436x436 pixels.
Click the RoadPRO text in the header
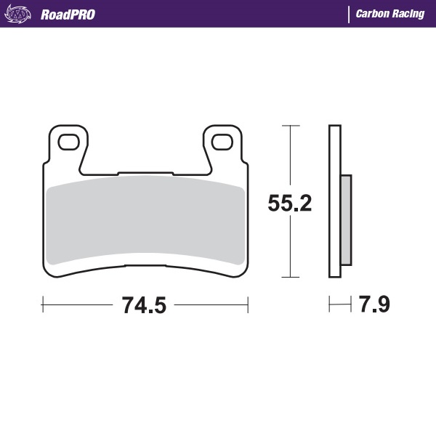pyautogui.click(x=68, y=14)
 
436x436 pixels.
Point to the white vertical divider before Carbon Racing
pyautogui.click(x=349, y=14)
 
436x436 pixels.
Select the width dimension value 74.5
pyautogui.click(x=144, y=306)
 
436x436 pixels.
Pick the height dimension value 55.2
pyautogui.click(x=290, y=203)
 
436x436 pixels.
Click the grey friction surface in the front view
pyautogui.click(x=145, y=222)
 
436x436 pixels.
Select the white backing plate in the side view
pyautogui.click(x=334, y=201)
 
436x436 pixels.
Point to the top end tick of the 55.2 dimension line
pyautogui.click(x=290, y=126)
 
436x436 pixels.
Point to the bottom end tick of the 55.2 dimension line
pyautogui.click(x=290, y=277)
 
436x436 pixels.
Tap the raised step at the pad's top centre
pyautogui.click(x=145, y=174)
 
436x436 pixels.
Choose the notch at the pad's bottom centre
pyautogui.click(x=145, y=266)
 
